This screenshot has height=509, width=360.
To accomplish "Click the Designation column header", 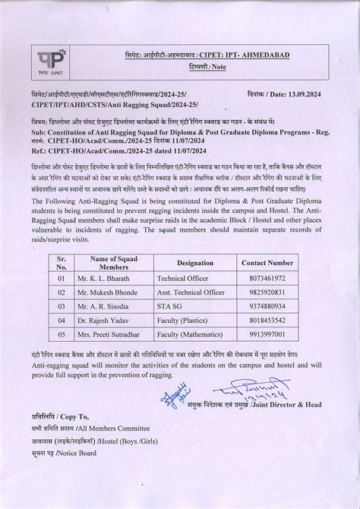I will click(194, 262).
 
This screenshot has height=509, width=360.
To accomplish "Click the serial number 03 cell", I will click(62, 305).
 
